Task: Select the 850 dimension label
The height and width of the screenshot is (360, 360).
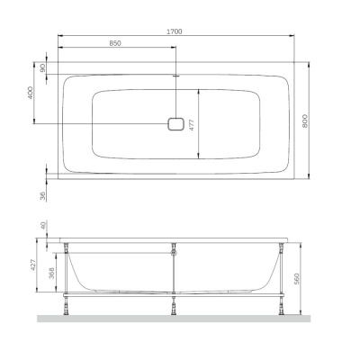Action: coord(116,43)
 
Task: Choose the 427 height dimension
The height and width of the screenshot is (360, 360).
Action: coord(34,265)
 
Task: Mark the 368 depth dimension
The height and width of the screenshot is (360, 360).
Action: coord(53,273)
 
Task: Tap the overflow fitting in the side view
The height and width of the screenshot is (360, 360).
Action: coord(175,255)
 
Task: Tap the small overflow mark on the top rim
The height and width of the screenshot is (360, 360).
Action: coord(175,77)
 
